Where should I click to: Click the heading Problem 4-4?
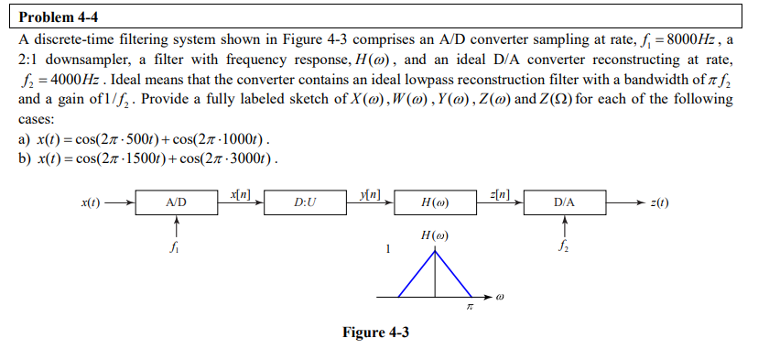[59, 16]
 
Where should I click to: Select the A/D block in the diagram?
[178, 202]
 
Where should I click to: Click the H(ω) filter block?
[436, 202]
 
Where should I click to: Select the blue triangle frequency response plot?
[435, 274]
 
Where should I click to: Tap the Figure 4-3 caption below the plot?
[375, 333]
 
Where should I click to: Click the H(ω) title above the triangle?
[435, 235]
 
